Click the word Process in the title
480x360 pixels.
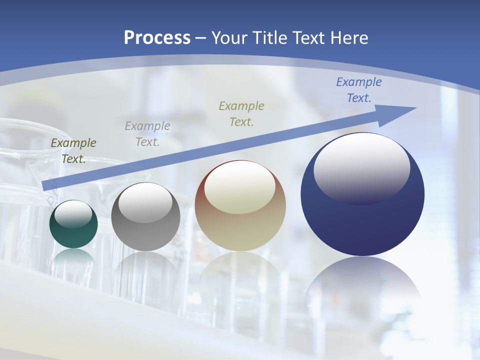157,38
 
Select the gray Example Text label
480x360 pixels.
147,134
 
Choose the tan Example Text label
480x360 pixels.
241,114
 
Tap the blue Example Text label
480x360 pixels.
359,90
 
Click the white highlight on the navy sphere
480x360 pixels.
361,167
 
